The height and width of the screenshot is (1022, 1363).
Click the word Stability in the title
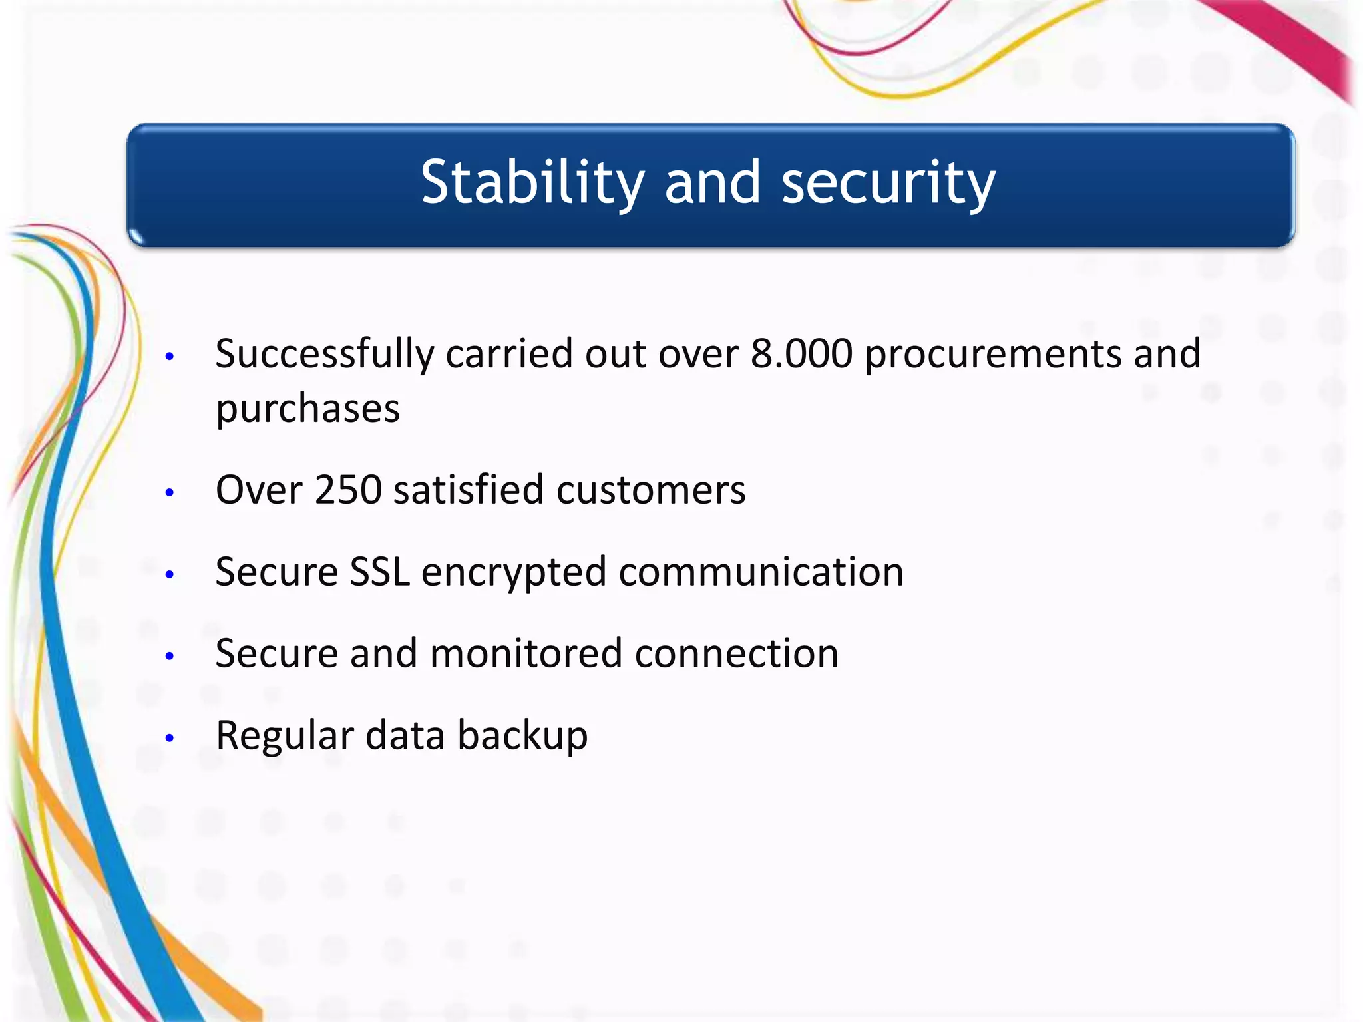(532, 183)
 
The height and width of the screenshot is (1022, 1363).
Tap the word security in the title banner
(888, 183)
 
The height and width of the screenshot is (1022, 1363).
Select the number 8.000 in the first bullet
(801, 353)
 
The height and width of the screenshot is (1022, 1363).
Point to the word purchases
(307, 409)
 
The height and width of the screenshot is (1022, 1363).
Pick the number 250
(348, 490)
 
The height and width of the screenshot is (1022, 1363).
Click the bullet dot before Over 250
(170, 493)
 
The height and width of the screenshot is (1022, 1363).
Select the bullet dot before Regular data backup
(170, 738)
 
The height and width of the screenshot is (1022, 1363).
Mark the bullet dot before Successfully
(170, 357)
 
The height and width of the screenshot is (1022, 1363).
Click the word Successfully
(324, 355)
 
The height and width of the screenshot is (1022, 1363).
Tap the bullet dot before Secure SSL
(170, 574)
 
